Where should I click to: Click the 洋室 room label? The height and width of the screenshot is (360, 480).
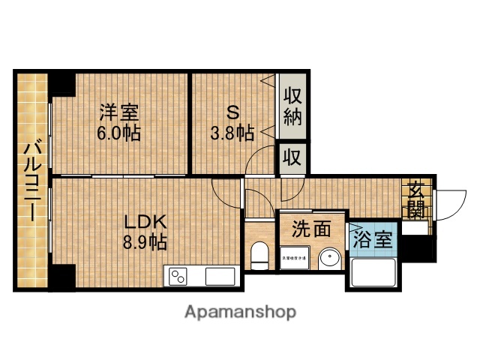(121, 114)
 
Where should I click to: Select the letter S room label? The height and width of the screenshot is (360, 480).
(232, 114)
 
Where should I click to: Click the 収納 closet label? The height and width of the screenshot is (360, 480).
(292, 108)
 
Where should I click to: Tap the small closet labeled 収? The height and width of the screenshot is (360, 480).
(292, 159)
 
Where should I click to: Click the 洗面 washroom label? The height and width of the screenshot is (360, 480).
(311, 229)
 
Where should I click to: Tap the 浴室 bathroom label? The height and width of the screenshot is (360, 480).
(372, 240)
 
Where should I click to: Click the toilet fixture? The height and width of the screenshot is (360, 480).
(259, 256)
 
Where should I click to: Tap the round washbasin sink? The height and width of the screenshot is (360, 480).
(329, 260)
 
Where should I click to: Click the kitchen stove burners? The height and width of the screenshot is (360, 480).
(179, 277)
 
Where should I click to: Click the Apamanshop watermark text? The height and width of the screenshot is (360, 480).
(239, 311)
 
